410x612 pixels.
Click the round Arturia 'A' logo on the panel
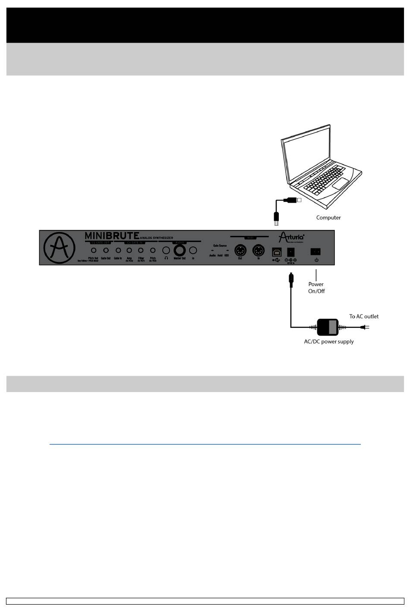[x=60, y=248]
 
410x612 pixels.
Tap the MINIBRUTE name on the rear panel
[x=112, y=235]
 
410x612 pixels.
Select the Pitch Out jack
[x=93, y=250]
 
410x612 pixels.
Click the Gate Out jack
[x=106, y=250]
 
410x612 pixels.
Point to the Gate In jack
[x=118, y=250]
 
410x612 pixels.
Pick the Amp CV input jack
[x=129, y=250]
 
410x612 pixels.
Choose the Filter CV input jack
[x=141, y=250]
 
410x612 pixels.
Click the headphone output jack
[x=166, y=250]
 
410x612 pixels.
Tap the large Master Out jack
[x=180, y=250]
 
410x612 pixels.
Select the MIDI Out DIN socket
[x=240, y=250]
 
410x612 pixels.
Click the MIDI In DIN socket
[x=259, y=250]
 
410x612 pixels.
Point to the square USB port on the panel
[x=276, y=252]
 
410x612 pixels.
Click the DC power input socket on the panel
[x=291, y=251]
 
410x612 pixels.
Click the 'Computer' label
[x=328, y=217]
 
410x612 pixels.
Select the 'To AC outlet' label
[x=364, y=316]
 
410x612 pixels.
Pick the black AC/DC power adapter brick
[x=328, y=327]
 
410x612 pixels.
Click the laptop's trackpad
[x=341, y=183]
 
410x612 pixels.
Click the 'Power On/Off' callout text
[x=316, y=288]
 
